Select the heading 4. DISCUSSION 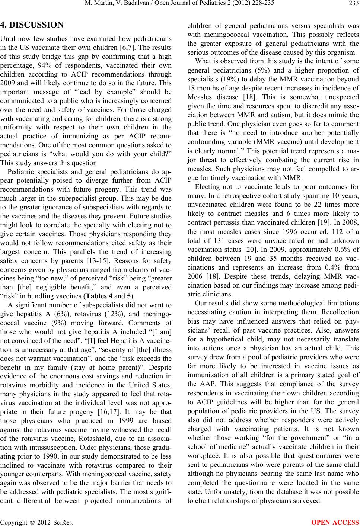coord(32,26)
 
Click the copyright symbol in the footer coord(28,521)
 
